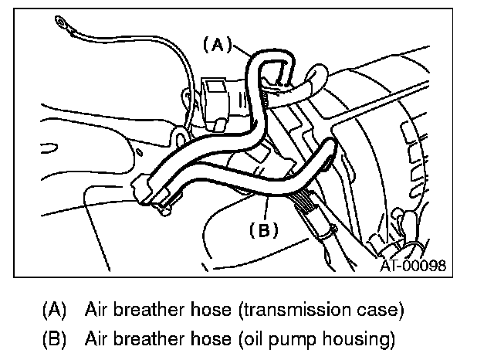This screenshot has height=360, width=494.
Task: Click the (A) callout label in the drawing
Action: click(217, 45)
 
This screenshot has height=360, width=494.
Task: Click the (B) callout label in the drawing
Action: click(263, 229)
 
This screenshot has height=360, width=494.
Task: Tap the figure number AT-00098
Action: click(412, 267)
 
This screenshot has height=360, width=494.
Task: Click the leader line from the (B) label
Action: click(265, 208)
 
